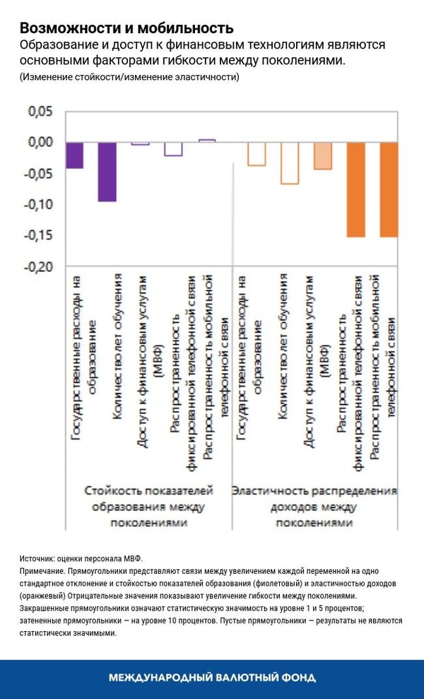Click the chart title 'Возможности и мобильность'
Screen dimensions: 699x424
click(126, 28)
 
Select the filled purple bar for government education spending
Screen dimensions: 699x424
click(75, 155)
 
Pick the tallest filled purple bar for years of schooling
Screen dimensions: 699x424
click(107, 172)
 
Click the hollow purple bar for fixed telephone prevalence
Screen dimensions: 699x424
click(173, 149)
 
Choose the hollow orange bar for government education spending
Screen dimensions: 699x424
click(257, 154)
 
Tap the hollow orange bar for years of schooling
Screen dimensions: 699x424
click(290, 163)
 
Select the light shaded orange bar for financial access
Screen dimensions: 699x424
click(322, 156)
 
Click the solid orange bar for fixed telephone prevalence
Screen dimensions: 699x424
click(355, 189)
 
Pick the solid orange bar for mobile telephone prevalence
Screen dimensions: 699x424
click(389, 189)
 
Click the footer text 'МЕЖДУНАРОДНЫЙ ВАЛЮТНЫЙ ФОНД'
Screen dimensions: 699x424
click(212, 678)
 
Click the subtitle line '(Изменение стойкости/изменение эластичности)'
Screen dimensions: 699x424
click(129, 77)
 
